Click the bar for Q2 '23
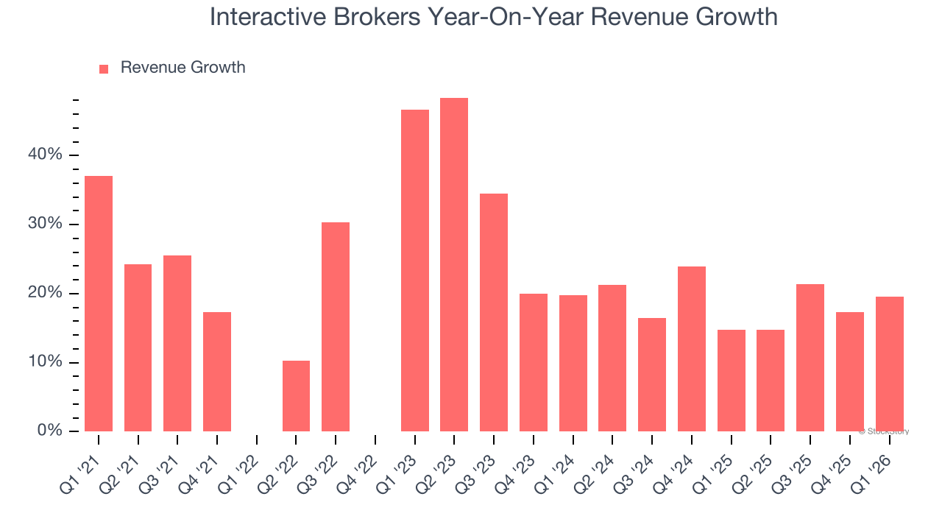454,265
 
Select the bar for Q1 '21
99,303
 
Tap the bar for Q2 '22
296,396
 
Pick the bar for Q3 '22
336,327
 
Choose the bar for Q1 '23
415,271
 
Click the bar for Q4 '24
691,349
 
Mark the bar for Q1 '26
889,364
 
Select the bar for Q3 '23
494,313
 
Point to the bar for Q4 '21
217,372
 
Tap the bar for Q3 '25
810,358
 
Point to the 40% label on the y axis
45,155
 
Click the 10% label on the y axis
45,362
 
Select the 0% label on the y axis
49,431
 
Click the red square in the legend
104,68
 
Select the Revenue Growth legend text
183,68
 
